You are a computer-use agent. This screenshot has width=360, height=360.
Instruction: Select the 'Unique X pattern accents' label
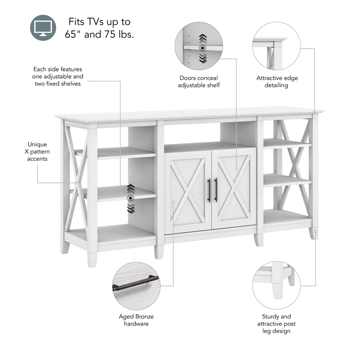tap(37, 152)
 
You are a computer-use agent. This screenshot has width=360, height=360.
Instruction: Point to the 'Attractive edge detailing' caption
tap(277, 81)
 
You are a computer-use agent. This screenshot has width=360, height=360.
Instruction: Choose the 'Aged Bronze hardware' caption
tap(136, 320)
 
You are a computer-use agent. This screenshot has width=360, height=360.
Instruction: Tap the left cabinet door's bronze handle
tap(209, 190)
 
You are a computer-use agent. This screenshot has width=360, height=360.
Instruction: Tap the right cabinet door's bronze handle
tap(216, 190)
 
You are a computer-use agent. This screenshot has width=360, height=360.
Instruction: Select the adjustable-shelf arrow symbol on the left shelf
tap(130, 198)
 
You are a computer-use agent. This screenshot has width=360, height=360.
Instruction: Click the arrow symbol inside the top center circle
tap(202, 48)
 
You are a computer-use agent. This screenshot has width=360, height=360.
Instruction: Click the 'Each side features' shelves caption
tap(58, 76)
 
